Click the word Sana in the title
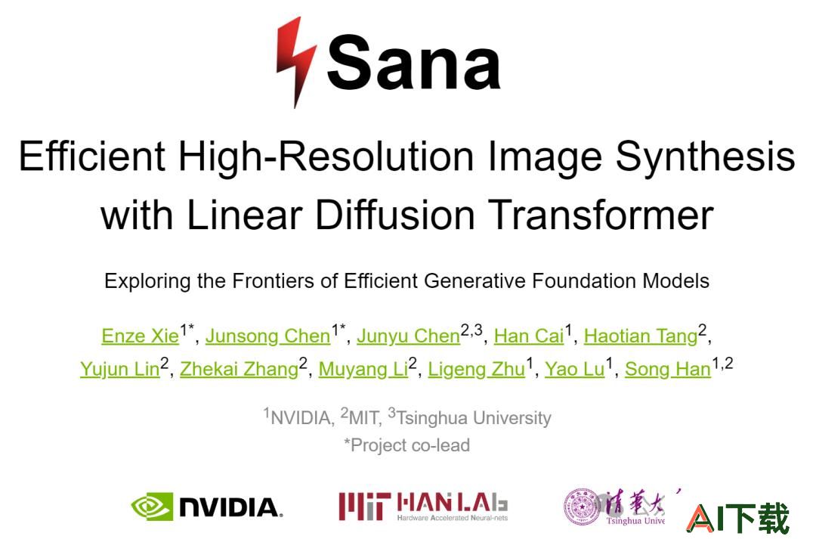click(x=414, y=63)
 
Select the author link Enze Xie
click(x=140, y=336)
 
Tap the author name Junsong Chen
click(x=268, y=336)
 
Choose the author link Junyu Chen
click(x=409, y=336)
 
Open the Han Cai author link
click(x=529, y=336)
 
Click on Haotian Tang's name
click(x=641, y=336)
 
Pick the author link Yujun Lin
click(x=119, y=369)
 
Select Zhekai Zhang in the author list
click(x=239, y=369)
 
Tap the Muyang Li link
click(x=363, y=369)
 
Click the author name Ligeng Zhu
click(x=476, y=369)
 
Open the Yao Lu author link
click(x=574, y=369)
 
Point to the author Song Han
click(x=668, y=369)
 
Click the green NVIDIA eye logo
click(x=152, y=506)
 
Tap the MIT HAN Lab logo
click(x=423, y=506)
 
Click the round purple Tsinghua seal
click(x=582, y=506)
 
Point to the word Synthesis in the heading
click(x=705, y=156)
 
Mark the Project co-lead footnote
click(x=407, y=445)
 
